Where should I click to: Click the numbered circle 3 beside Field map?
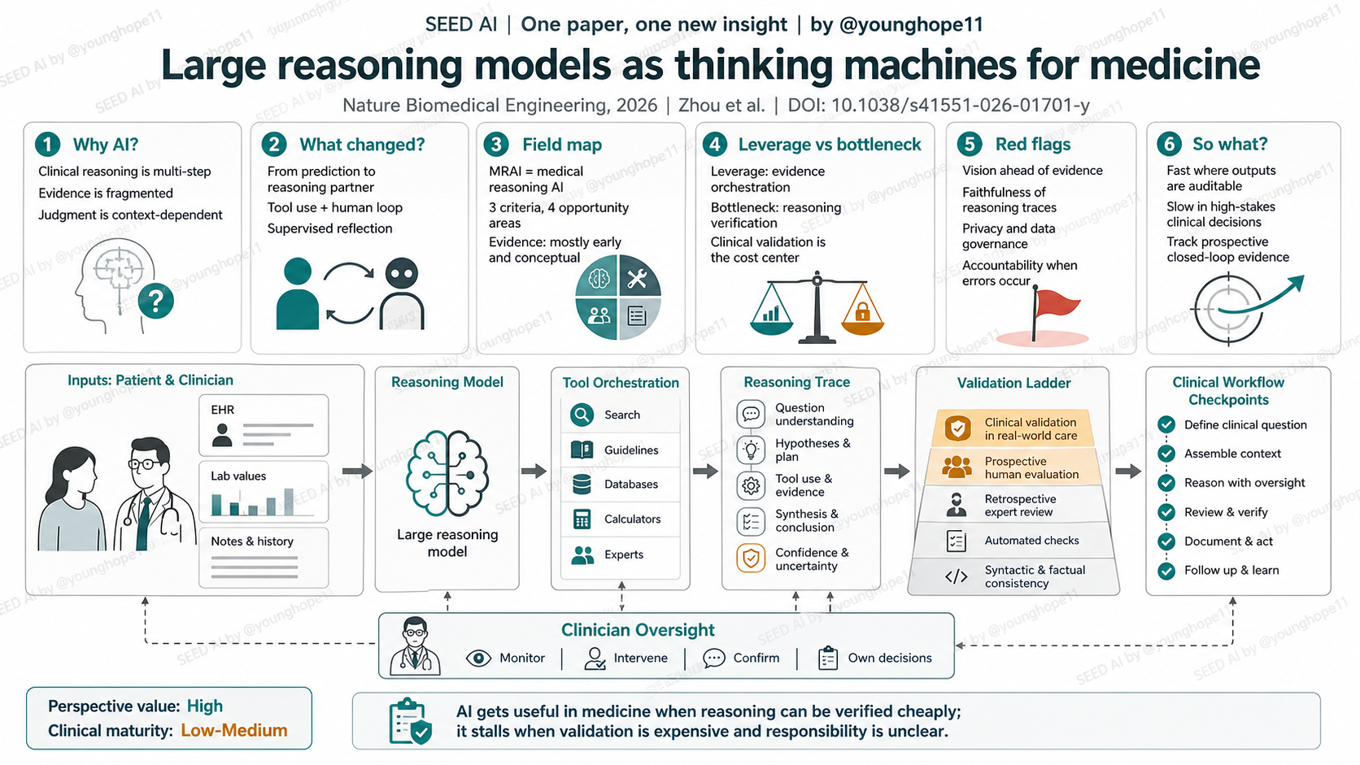[496, 145]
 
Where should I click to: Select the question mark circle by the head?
[156, 301]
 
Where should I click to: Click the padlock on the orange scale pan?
[862, 312]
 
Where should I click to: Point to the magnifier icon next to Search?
[582, 415]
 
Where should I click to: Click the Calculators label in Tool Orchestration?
[632, 519]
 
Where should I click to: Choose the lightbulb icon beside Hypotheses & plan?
[751, 450]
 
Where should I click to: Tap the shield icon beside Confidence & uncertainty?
[751, 559]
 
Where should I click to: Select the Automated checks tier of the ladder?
[1014, 541]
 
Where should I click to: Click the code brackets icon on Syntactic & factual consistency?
[957, 576]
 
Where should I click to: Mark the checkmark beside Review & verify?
[1166, 512]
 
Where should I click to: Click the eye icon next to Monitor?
[478, 659]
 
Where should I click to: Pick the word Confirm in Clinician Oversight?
[756, 659]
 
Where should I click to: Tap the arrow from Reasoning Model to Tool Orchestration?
[534, 471]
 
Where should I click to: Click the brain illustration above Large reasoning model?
[447, 473]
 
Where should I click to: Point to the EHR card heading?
[222, 410]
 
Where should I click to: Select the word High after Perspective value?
[205, 706]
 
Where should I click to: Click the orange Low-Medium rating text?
[233, 730]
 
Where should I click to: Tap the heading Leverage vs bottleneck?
[830, 145]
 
